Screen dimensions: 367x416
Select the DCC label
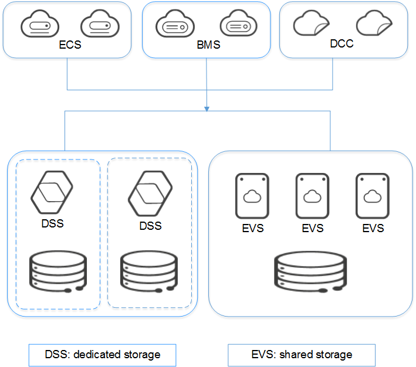[x=341, y=44]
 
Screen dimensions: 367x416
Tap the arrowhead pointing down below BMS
[x=207, y=110]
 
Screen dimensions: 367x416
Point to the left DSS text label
[x=53, y=223]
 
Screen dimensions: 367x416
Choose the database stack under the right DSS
[x=149, y=271]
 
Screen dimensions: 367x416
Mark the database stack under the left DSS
[x=57, y=271]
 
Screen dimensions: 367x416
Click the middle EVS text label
[x=312, y=228]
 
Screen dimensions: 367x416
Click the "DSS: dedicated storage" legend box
[x=103, y=355]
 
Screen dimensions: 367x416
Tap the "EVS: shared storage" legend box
[x=301, y=355]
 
